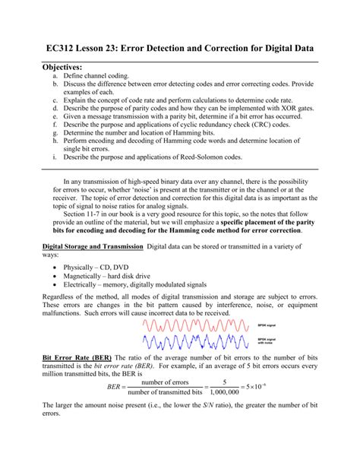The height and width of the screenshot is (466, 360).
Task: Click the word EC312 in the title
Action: coord(45,48)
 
